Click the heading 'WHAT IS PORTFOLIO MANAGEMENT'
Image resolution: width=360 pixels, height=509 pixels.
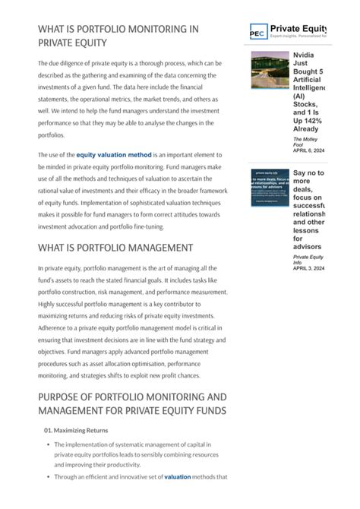click(115, 248)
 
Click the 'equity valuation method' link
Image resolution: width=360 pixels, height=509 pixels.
click(114, 155)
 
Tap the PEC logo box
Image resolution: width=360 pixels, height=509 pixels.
click(258, 31)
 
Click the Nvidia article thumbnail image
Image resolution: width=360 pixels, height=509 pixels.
click(270, 70)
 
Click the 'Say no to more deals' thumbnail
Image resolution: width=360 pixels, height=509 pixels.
click(270, 188)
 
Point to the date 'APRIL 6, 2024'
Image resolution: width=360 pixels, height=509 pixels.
click(308, 150)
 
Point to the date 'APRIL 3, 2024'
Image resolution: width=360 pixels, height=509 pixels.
click(308, 268)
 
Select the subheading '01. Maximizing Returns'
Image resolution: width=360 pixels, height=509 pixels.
click(76, 431)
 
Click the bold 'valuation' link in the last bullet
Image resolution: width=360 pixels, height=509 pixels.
click(178, 477)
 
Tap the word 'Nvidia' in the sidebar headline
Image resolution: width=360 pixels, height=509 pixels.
click(305, 56)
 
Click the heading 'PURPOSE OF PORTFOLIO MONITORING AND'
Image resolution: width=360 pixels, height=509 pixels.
click(132, 397)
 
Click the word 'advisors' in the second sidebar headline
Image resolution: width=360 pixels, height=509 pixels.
click(308, 246)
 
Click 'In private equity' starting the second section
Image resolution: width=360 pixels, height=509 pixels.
click(62, 269)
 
